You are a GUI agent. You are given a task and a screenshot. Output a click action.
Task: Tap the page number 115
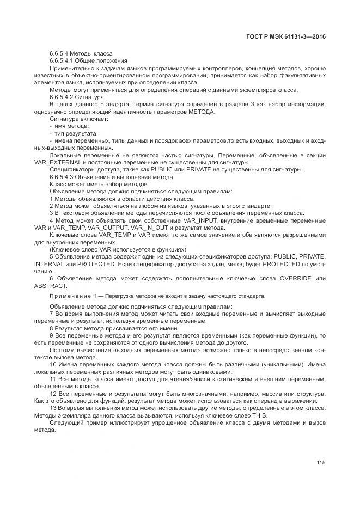coord(321,462)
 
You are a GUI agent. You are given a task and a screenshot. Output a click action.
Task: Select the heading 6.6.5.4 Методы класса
coord(81,54)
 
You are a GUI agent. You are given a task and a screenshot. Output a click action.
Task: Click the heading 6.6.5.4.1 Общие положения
coord(88,61)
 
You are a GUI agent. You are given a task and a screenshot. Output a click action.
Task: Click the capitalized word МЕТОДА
coord(202,112)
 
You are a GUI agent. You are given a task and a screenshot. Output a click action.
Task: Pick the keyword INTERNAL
coord(50,264)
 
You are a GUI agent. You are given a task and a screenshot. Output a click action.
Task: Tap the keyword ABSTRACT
coord(50,286)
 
